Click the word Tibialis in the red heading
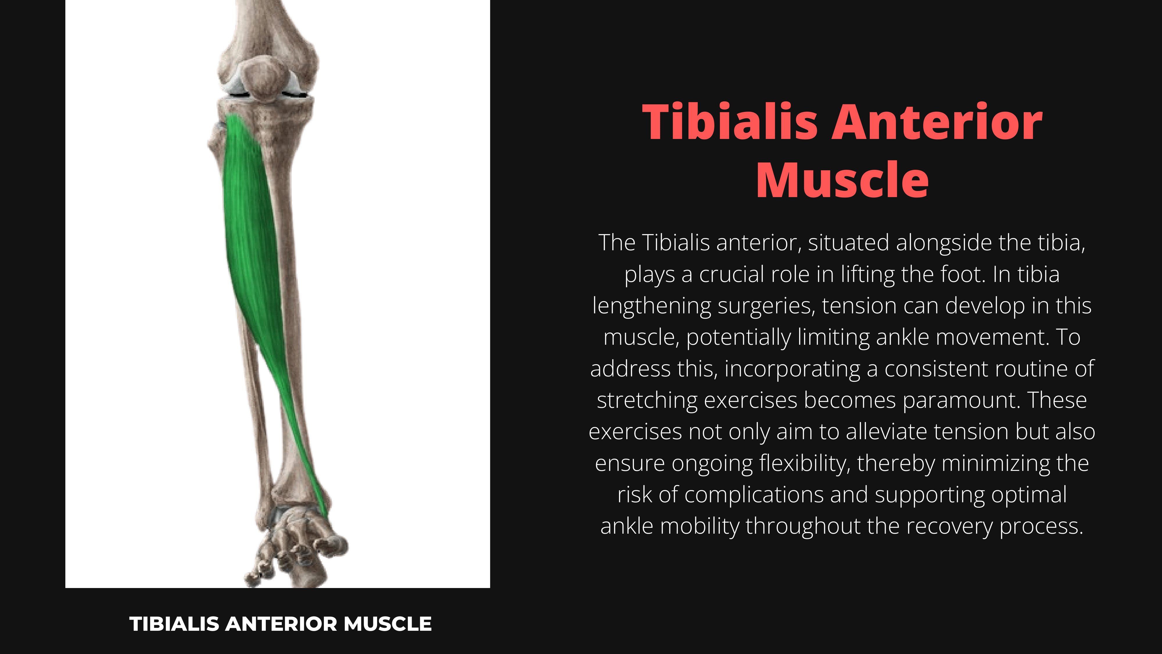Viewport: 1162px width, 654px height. coord(730,122)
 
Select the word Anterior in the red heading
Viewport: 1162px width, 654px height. coord(937,122)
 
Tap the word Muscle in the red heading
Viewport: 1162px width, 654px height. coord(843,180)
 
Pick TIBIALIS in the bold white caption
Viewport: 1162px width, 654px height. coord(175,624)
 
